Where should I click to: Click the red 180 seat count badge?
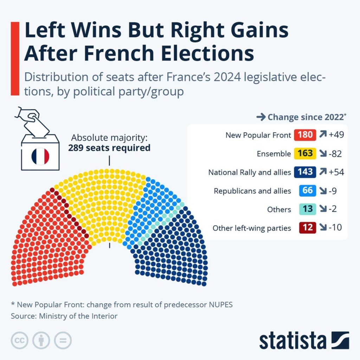point(305,135)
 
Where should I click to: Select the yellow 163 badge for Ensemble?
point(305,154)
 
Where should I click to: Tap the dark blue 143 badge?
point(305,172)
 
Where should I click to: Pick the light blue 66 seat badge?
point(307,191)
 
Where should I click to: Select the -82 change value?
point(335,154)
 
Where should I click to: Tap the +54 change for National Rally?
point(336,172)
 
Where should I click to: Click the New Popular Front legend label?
point(258,135)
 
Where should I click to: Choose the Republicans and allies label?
point(252,191)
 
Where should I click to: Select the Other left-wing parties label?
point(252,228)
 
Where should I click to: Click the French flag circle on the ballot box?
point(40,156)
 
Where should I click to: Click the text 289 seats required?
point(109,148)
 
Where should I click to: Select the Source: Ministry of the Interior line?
point(64,316)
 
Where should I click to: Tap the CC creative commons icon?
point(20,340)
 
